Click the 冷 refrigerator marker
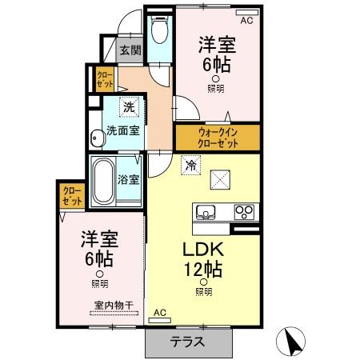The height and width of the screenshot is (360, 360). [x=190, y=166]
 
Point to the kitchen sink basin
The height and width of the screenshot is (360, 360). [x=206, y=213]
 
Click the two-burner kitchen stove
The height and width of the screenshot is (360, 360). [x=243, y=212]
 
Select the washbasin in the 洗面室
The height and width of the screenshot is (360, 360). [x=97, y=137]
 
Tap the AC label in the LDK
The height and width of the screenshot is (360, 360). [x=159, y=312]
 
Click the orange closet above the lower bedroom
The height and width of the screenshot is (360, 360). [x=67, y=195]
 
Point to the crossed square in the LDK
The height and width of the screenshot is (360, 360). [x=221, y=180]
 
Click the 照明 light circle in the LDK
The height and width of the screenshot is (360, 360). [x=203, y=282]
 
